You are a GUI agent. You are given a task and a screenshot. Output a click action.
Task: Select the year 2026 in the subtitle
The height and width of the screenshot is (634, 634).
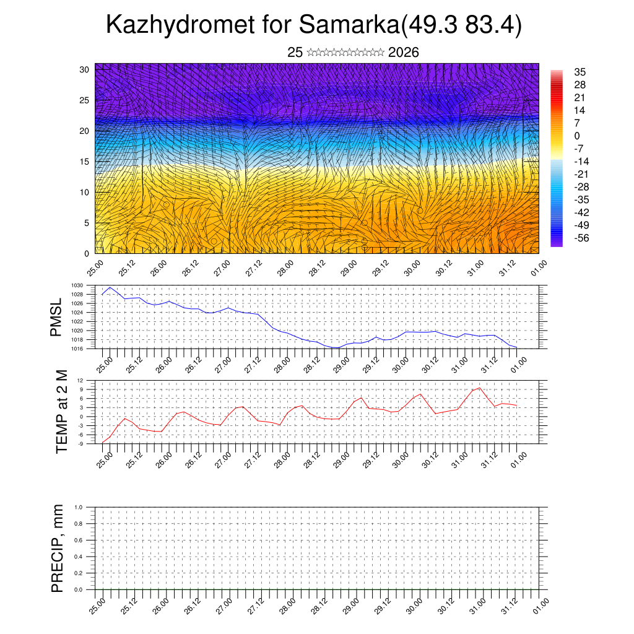click(404, 53)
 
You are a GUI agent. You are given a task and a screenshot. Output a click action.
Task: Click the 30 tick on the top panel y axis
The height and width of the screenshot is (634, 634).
click(85, 69)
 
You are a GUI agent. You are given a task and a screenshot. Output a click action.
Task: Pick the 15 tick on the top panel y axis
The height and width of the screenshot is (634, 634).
click(85, 162)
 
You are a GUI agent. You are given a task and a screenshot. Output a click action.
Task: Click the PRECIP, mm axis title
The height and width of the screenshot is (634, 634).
click(58, 549)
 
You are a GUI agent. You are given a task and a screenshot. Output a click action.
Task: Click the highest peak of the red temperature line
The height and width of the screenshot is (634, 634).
click(479, 388)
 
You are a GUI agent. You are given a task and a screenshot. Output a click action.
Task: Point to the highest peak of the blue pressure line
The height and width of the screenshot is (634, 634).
click(110, 287)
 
